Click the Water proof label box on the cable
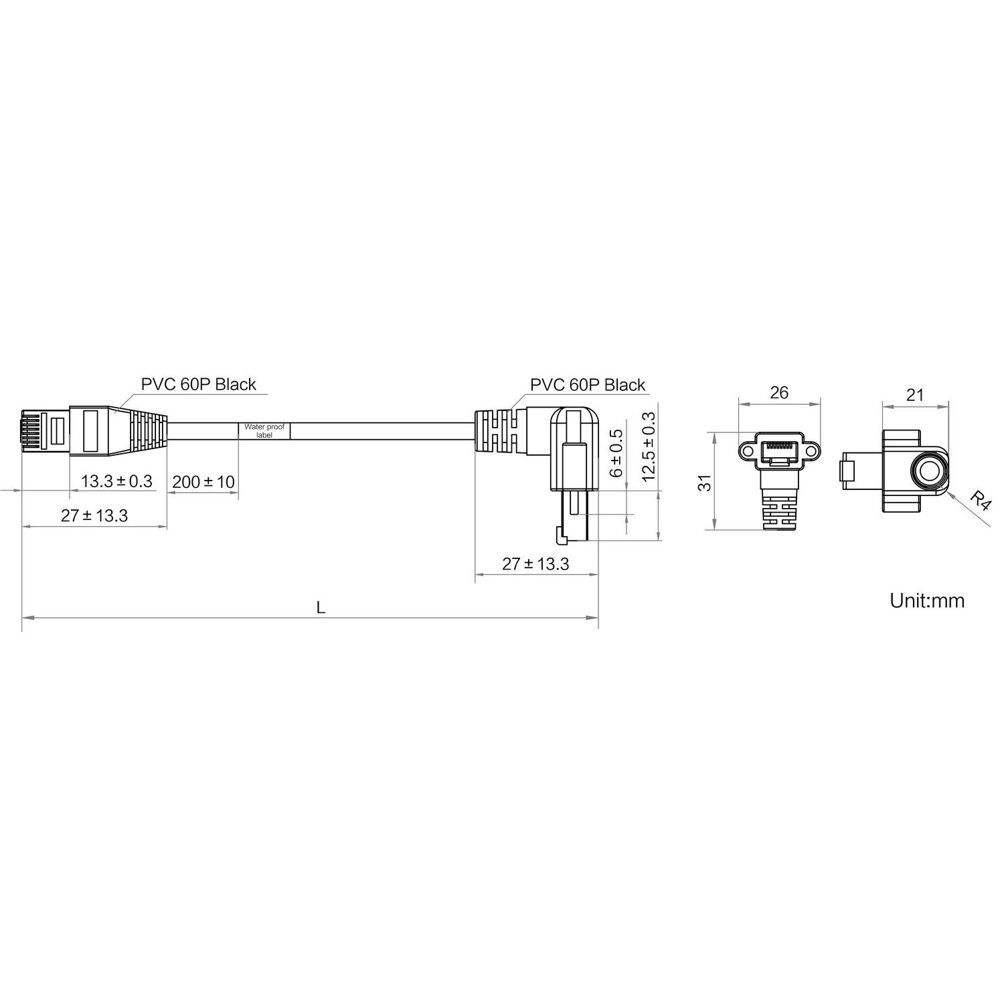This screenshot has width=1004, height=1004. (264, 430)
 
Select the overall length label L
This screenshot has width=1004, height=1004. (321, 608)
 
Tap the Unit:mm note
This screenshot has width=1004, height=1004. (927, 600)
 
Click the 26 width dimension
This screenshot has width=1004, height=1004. (779, 392)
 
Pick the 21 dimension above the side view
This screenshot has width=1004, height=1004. (914, 395)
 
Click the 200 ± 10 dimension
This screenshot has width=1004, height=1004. (203, 481)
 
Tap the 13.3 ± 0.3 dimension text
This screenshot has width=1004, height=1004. (116, 481)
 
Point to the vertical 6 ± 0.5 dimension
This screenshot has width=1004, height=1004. (616, 452)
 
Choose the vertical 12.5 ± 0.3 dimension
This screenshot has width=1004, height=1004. (648, 446)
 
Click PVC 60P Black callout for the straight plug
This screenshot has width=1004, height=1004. (198, 384)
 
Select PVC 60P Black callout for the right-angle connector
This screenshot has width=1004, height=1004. (588, 385)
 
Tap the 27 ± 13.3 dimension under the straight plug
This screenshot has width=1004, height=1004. (94, 515)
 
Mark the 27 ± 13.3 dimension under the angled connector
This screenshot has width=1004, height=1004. (535, 564)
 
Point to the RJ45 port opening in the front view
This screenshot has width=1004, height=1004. (779, 452)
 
